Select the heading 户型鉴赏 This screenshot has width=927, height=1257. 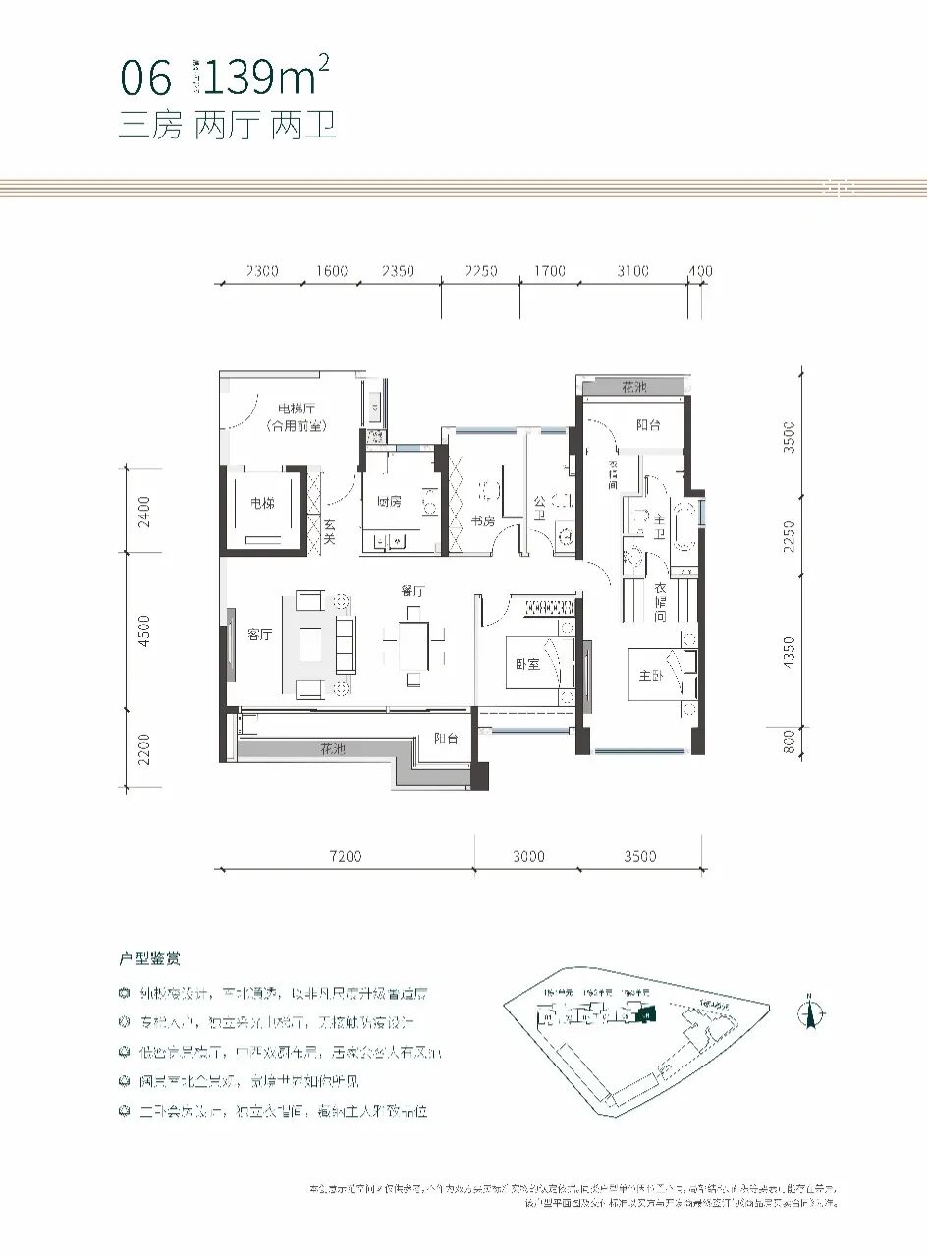[x=149, y=957]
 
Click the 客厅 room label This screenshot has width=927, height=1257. [x=259, y=635]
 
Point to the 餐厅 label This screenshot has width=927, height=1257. [x=411, y=591]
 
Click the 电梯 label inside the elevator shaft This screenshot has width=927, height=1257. [x=261, y=503]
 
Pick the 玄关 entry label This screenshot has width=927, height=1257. [x=330, y=532]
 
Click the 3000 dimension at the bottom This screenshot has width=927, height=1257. [x=527, y=857]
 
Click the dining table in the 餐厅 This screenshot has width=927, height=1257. [x=413, y=644]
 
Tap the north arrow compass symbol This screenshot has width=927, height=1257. [x=811, y=1012]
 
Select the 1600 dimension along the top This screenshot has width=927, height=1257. [x=332, y=271]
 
